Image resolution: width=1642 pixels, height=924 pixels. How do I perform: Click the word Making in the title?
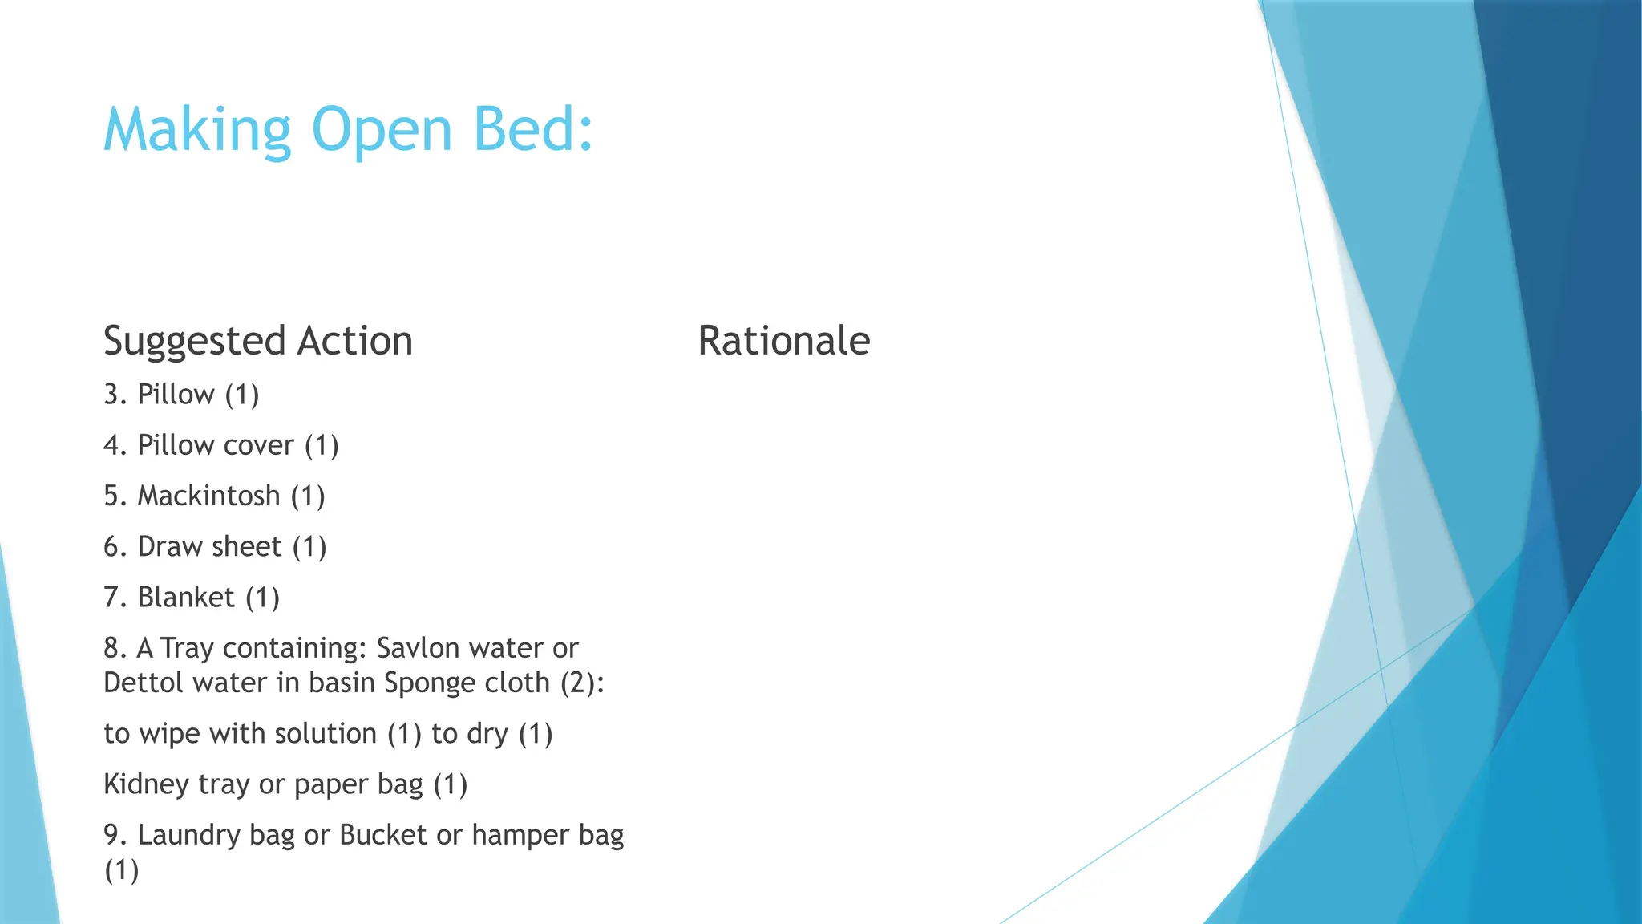coord(197,130)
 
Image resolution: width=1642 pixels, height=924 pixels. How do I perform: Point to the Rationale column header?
coord(783,340)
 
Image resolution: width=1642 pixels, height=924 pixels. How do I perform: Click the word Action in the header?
coord(355,340)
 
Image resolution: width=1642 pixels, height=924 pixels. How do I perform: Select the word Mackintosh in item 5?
coord(208,496)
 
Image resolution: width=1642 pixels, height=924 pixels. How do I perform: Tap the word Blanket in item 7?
coord(186,598)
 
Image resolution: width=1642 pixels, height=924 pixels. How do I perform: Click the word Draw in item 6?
coord(169,546)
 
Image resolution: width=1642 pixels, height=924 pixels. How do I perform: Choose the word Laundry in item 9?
coord(188,836)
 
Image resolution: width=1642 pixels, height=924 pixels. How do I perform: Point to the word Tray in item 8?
coord(186,648)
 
